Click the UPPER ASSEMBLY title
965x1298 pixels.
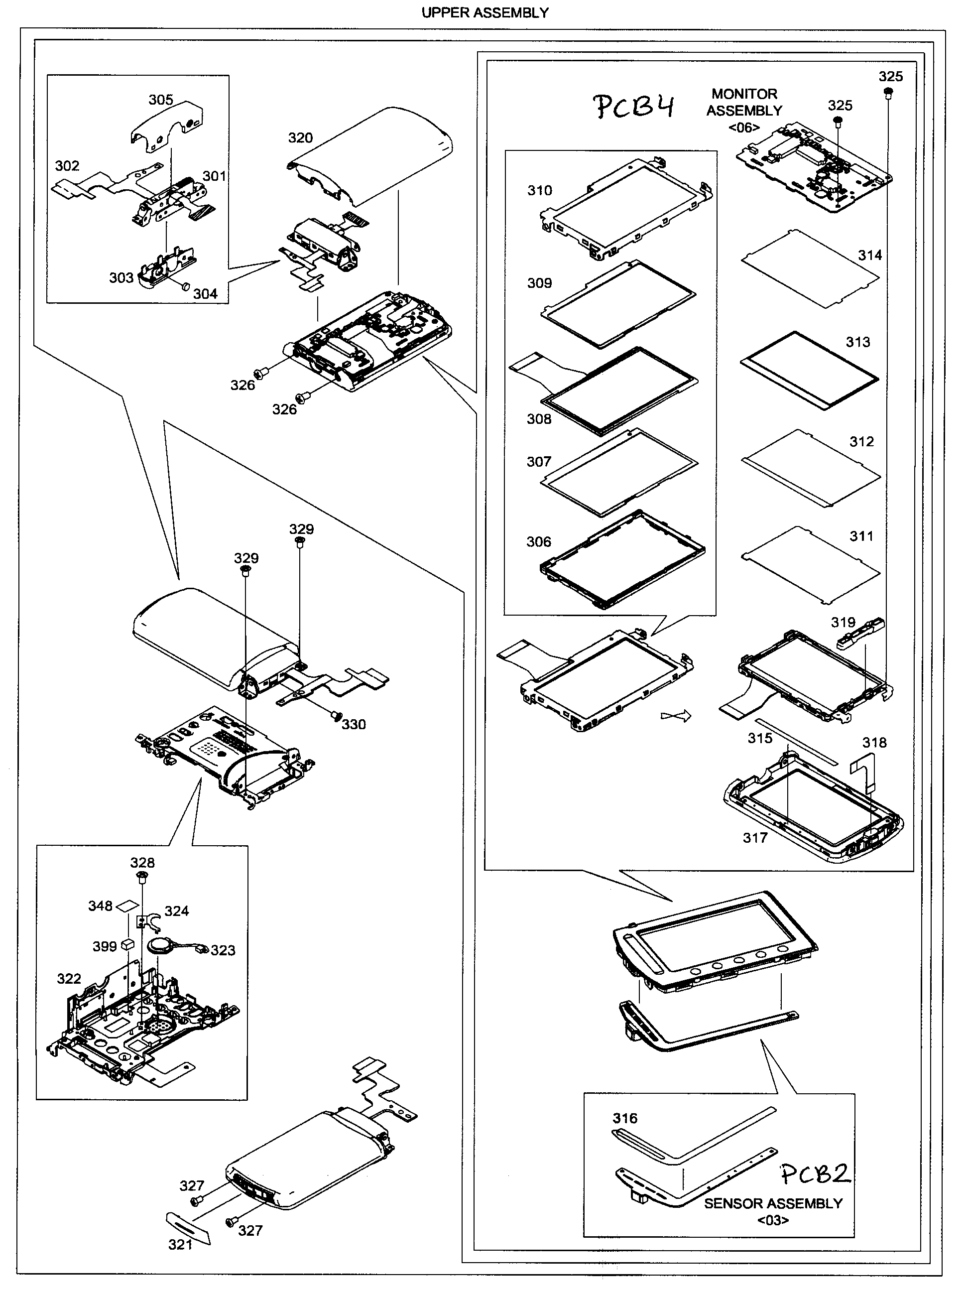(x=484, y=12)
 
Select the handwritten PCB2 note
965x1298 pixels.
(x=816, y=1173)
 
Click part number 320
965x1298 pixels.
(x=300, y=138)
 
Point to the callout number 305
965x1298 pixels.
(x=161, y=100)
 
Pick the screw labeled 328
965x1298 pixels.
(x=142, y=876)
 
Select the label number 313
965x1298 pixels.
(x=857, y=342)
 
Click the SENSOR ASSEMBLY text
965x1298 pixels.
(x=772, y=1204)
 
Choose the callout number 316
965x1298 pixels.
(x=624, y=1118)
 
